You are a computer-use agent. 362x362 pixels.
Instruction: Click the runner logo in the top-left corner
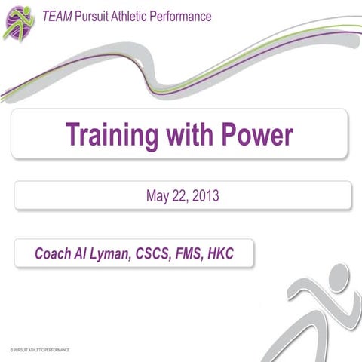pyautogui.click(x=19, y=20)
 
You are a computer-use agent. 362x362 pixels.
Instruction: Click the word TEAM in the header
pyautogui.click(x=57, y=16)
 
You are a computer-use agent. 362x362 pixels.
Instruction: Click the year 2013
pyautogui.click(x=206, y=198)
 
